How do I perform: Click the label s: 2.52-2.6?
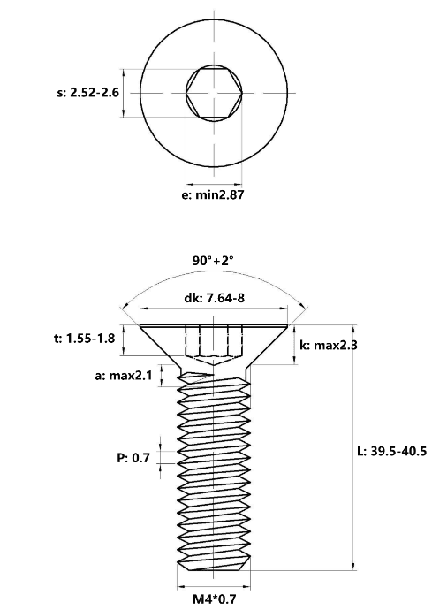[x=87, y=93]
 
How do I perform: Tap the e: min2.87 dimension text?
[x=213, y=194]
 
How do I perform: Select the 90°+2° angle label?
[x=213, y=260]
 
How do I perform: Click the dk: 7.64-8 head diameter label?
[x=215, y=298]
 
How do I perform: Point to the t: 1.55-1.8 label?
[x=85, y=339]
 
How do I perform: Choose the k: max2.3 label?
[x=329, y=345]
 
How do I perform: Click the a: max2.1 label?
[x=124, y=376]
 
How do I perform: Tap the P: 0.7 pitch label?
[x=133, y=458]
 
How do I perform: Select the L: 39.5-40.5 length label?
[x=391, y=451]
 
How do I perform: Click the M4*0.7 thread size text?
[x=215, y=599]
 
